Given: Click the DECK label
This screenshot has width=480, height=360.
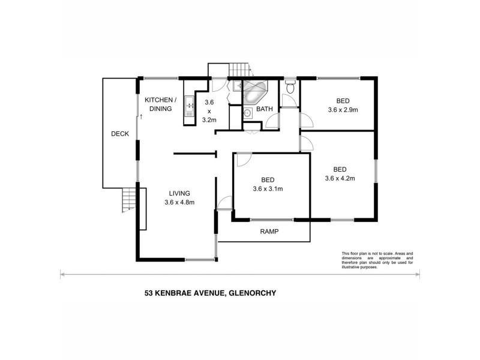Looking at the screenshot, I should click(x=120, y=134).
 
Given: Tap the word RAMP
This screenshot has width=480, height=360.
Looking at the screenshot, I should click(x=268, y=231).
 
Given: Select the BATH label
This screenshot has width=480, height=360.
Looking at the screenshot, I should click(x=265, y=109).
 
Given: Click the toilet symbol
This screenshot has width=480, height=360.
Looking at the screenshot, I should click(x=290, y=88).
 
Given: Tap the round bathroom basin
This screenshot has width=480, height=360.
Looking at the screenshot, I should click(x=247, y=113).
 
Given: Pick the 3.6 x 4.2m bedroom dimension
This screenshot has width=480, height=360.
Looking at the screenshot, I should click(x=340, y=178).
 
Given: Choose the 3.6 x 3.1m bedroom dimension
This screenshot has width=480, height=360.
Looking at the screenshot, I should click(x=268, y=188).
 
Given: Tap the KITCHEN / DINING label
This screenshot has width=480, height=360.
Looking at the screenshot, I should click(x=160, y=104).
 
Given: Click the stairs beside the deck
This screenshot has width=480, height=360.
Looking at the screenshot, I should click(x=128, y=199).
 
